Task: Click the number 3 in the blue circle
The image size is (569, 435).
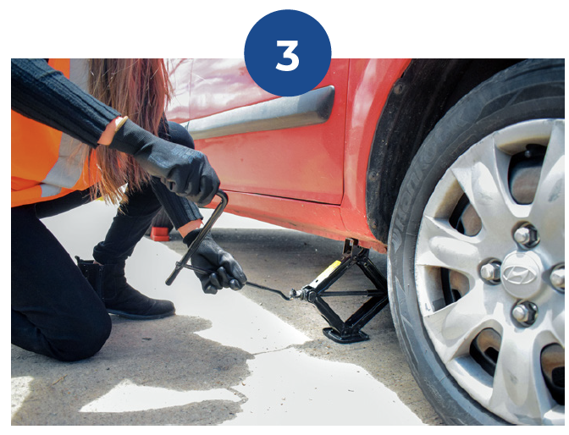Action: (287, 56)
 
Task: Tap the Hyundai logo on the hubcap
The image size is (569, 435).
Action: (519, 274)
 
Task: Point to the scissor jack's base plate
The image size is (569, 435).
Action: (345, 333)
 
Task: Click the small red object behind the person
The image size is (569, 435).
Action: (160, 234)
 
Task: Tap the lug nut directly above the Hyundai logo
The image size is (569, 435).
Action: (526, 236)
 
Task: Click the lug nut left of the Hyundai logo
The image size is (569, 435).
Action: (490, 271)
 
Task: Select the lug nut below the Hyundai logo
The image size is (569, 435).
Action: (524, 313)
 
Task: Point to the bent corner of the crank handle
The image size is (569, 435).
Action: (222, 195)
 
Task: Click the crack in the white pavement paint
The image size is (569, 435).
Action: (279, 350)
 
